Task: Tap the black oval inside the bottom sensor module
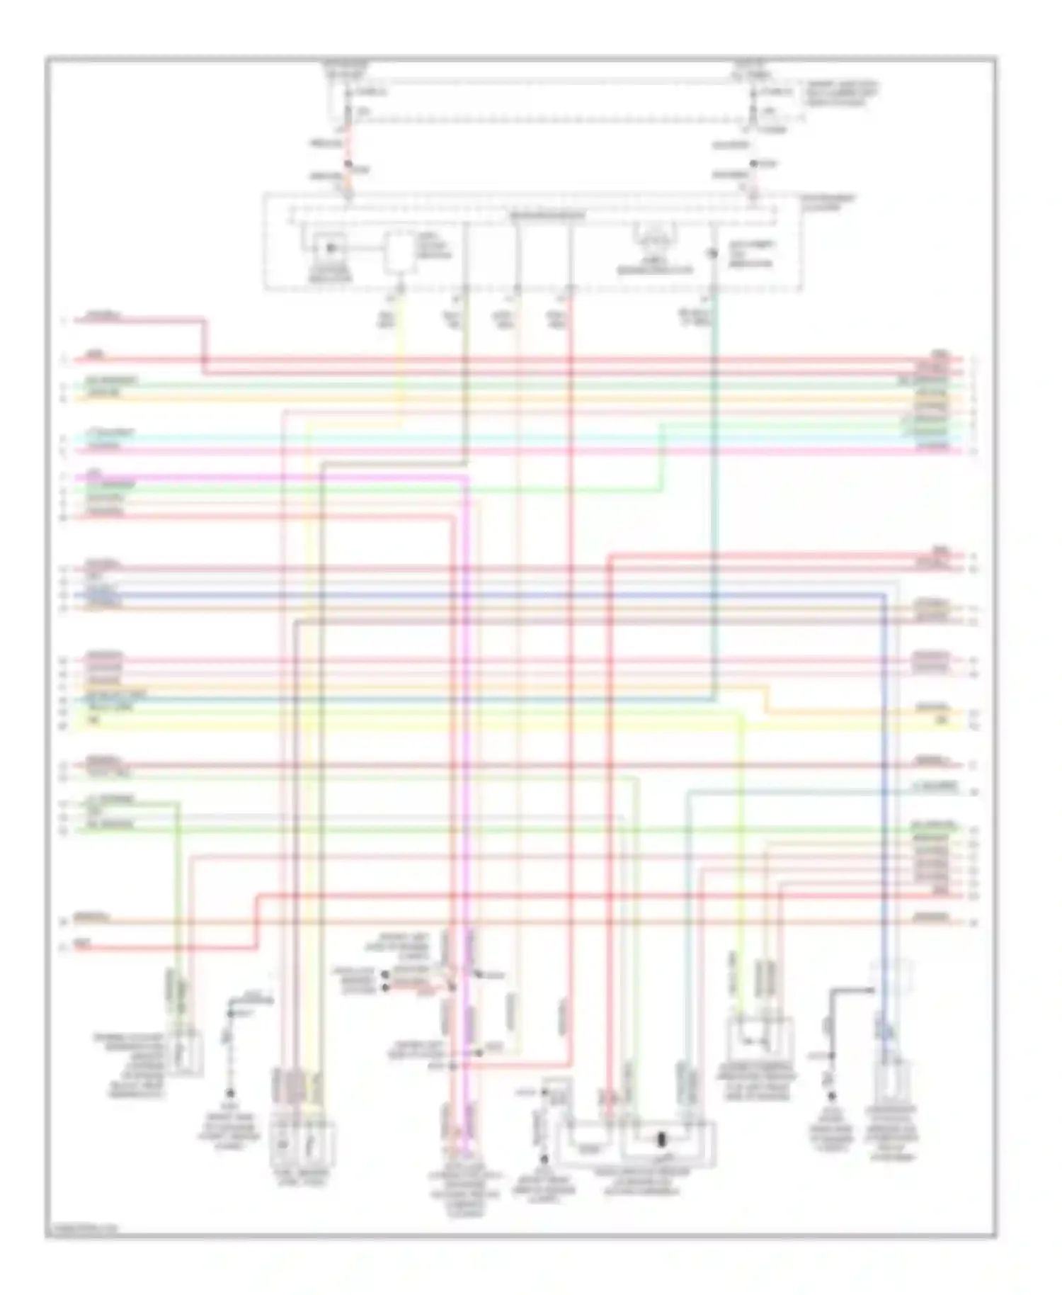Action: (662, 1140)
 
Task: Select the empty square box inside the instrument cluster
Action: (400, 253)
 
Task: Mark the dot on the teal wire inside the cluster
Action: (714, 253)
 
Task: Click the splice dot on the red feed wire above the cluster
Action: (348, 165)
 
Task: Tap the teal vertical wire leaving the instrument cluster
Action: (714, 496)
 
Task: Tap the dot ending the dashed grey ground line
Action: (229, 1095)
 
